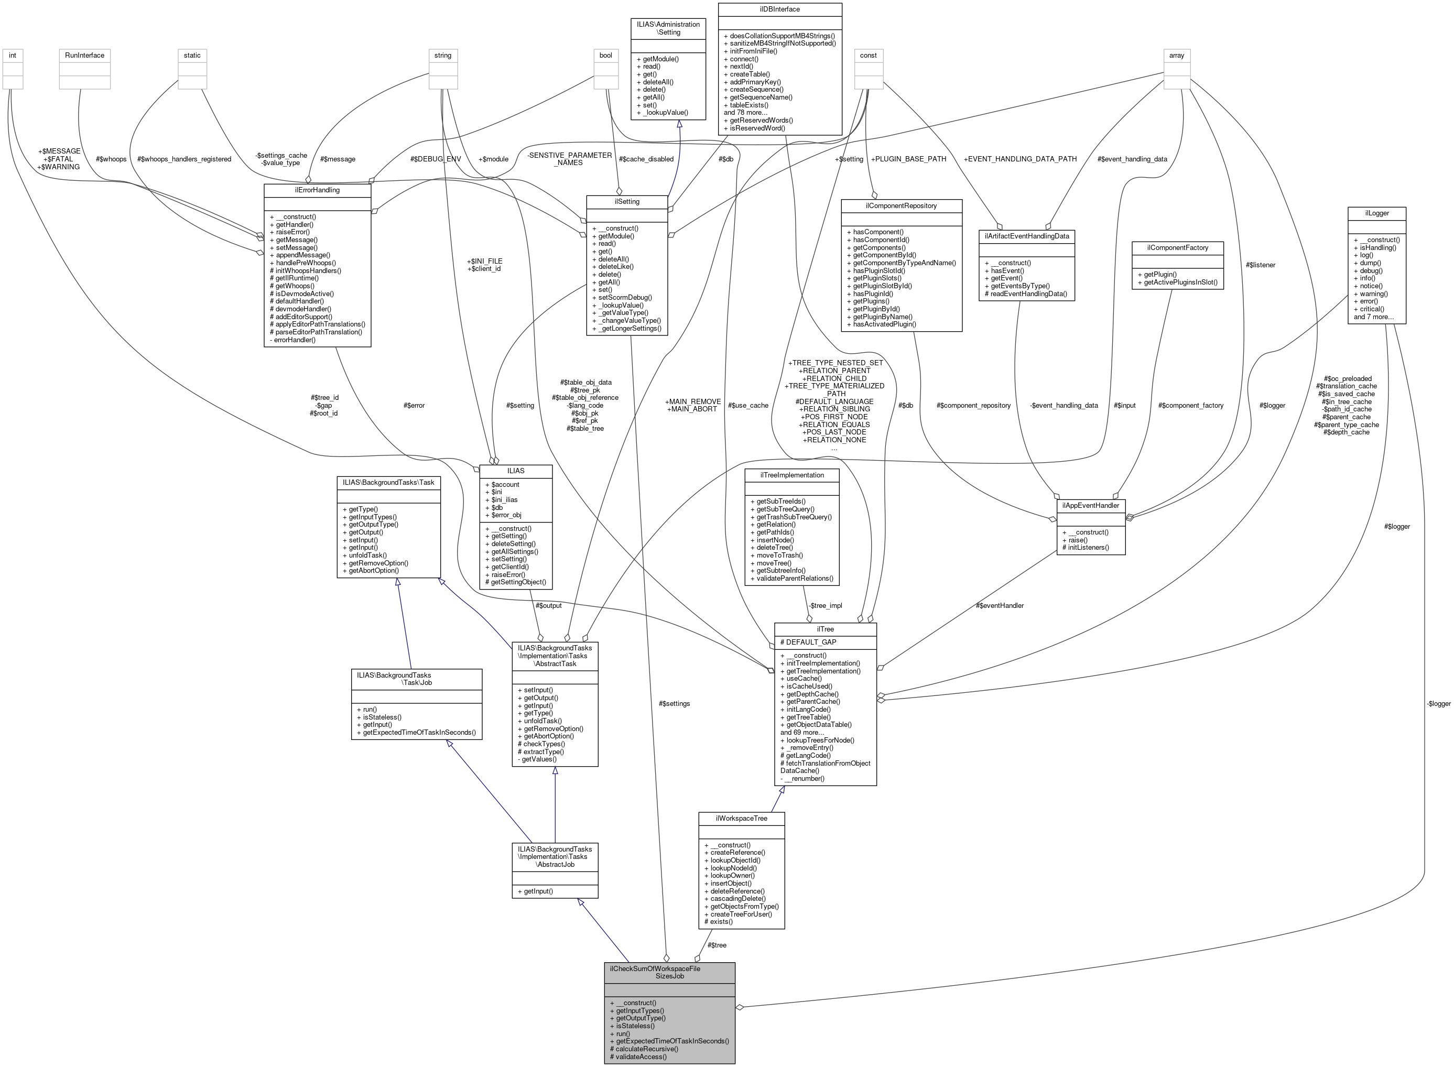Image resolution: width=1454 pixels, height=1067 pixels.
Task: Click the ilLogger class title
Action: pyautogui.click(x=1376, y=213)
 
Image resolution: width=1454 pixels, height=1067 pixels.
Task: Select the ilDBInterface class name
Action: pyautogui.click(x=779, y=9)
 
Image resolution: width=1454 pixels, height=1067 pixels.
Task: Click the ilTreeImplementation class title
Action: pyautogui.click(x=792, y=475)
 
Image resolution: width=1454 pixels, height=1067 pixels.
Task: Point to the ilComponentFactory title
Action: pyautogui.click(x=1178, y=248)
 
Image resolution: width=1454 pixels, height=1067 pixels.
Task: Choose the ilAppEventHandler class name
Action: pyautogui.click(x=1090, y=505)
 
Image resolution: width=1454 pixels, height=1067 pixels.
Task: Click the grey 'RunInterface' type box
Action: pyautogui.click(x=84, y=56)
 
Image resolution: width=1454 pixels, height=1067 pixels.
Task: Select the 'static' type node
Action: pyautogui.click(x=192, y=56)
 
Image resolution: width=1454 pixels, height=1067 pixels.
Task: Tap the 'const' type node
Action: pyautogui.click(x=867, y=56)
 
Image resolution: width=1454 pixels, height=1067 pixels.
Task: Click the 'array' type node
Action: pyautogui.click(x=1176, y=56)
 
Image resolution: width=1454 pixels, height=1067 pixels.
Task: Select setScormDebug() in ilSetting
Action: pyautogui.click(x=622, y=298)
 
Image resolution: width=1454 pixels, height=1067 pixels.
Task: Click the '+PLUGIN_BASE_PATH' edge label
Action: pyautogui.click(x=908, y=159)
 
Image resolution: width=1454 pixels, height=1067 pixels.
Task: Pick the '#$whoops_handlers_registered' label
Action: pyautogui.click(x=184, y=159)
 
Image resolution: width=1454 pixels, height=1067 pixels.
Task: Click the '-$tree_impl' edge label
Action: pyautogui.click(x=826, y=606)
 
